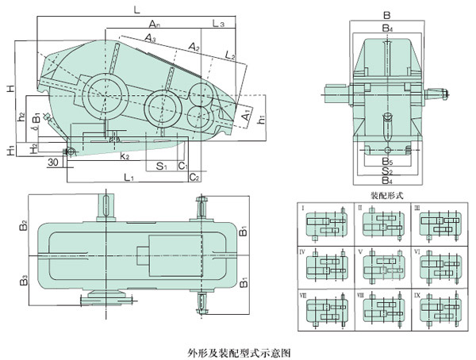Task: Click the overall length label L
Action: [136, 10]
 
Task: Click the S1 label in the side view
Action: [161, 167]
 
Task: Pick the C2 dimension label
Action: [194, 177]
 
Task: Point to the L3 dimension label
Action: [219, 25]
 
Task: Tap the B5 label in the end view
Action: [386, 162]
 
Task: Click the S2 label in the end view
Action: [386, 171]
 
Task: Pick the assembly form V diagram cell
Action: [380, 268]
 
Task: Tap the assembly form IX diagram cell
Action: [436, 312]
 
